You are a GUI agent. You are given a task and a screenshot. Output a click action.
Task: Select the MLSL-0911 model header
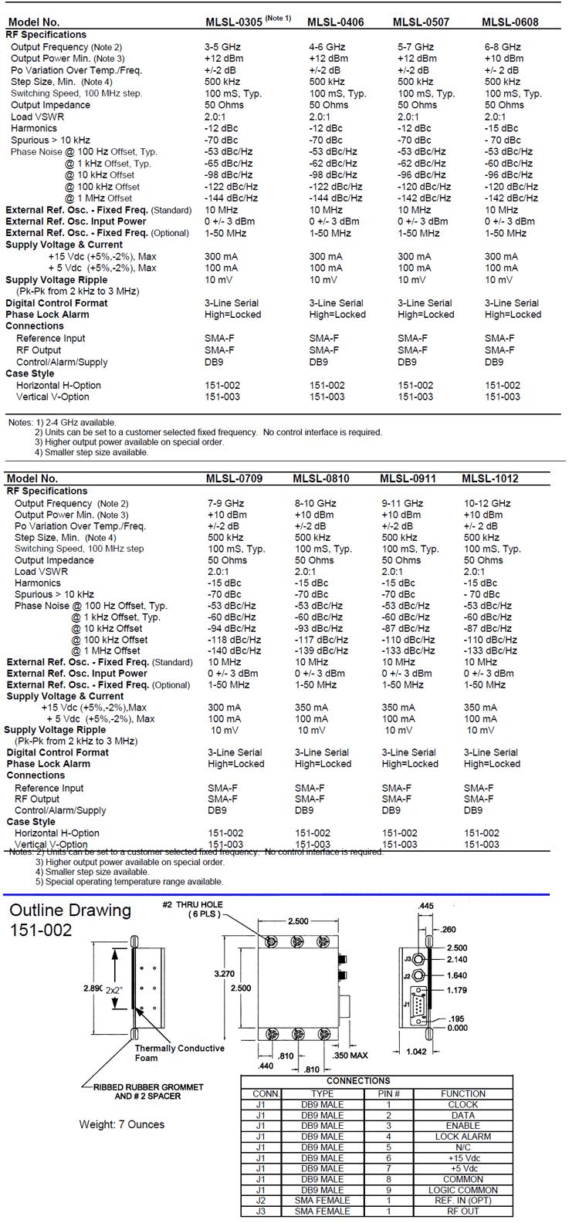pos(408,478)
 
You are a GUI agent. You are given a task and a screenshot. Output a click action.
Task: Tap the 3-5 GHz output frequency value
pos(221,47)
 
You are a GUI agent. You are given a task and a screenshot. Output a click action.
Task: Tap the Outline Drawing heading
pos(70,910)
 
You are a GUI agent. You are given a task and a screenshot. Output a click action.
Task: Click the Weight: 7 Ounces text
pos(121,1124)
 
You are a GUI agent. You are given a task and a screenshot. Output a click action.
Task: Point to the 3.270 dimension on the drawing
pos(225,974)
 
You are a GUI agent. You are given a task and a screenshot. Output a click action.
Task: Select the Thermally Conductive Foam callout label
pos(179,1052)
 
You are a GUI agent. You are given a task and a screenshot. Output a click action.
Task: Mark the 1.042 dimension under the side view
pos(416,1052)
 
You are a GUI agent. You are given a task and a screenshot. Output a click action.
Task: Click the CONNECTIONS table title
pos(358,1081)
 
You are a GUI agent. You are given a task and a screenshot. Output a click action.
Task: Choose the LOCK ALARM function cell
pos(463,1137)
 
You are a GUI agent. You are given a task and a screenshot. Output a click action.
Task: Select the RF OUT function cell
pos(463,1211)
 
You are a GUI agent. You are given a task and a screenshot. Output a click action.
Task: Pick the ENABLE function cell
pos(463,1126)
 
